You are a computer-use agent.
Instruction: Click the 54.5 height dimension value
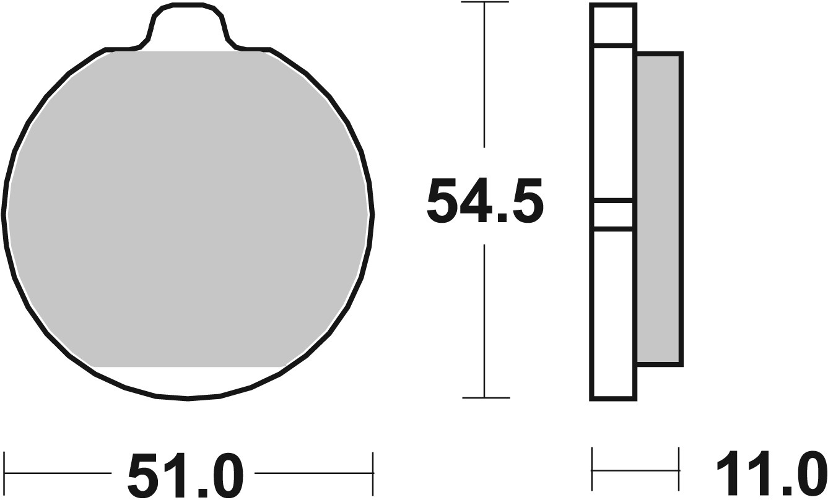[485, 202]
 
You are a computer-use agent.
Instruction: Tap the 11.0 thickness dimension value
[771, 474]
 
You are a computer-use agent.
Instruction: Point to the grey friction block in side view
[659, 209]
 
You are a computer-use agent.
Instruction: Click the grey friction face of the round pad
[188, 210]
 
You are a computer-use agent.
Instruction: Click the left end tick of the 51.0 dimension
[5, 473]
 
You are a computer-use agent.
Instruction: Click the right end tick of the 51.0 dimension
[373, 473]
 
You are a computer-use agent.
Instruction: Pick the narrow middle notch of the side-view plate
[612, 215]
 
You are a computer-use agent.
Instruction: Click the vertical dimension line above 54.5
[484, 74]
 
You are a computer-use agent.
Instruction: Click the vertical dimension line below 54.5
[484, 322]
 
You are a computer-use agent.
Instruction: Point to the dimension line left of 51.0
[59, 473]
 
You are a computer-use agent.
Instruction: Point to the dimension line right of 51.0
[313, 473]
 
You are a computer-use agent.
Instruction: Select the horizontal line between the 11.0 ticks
[635, 472]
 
